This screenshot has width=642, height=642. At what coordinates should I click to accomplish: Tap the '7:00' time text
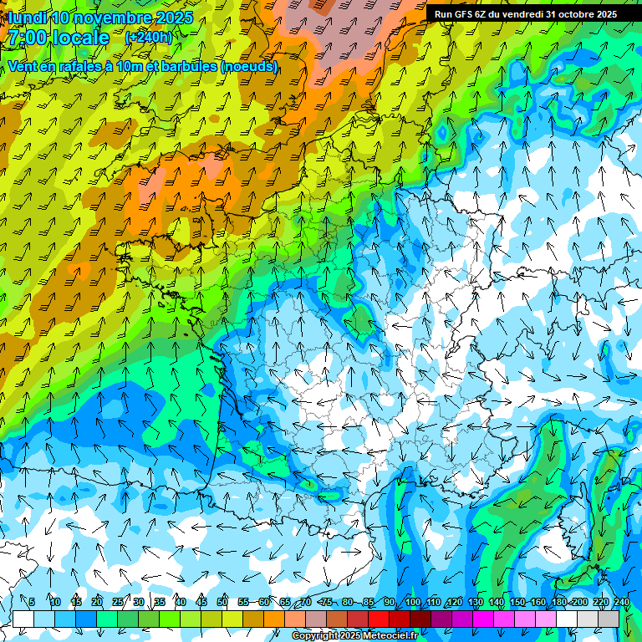pyautogui.click(x=26, y=38)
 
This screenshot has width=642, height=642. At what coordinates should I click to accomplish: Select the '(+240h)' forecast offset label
pyautogui.click(x=148, y=38)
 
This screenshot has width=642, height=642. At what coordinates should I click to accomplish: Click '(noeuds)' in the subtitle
pyautogui.click(x=249, y=66)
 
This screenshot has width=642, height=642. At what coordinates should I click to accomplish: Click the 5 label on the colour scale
pyautogui.click(x=32, y=602)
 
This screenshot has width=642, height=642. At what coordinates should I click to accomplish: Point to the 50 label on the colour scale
pyautogui.click(x=222, y=602)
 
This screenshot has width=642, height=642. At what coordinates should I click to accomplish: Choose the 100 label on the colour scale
pyautogui.click(x=412, y=602)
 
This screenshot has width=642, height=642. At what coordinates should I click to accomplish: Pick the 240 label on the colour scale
pyautogui.click(x=622, y=602)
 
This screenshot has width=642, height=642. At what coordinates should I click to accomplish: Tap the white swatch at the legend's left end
pyautogui.click(x=23, y=619)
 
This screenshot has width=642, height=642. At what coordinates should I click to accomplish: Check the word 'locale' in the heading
pyautogui.click(x=79, y=38)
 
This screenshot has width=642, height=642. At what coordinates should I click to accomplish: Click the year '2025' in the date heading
pyautogui.click(x=171, y=18)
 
